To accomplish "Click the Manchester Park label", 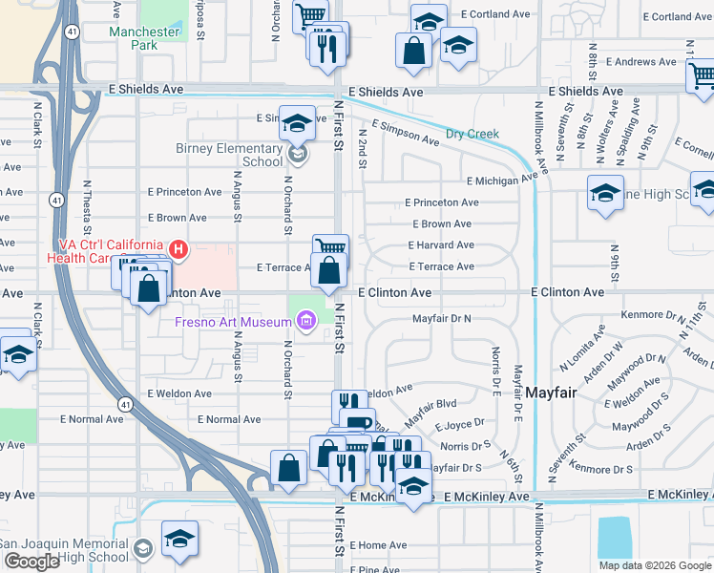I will click(x=144, y=38).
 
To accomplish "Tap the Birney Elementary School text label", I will click(x=230, y=155).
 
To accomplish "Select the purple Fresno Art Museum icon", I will click(x=305, y=323).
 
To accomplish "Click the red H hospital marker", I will click(x=178, y=250).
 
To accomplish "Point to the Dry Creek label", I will click(x=474, y=134).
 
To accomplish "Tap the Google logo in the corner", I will click(x=31, y=562).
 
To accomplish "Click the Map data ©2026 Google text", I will click(x=656, y=565).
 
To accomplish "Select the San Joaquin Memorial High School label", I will click(x=65, y=550).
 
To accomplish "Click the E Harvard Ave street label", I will click(x=441, y=245).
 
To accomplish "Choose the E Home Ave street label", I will click(x=378, y=545).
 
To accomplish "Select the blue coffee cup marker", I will click(x=357, y=422).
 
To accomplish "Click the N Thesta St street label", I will click(x=87, y=208).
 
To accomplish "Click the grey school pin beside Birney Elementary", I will click(x=298, y=153).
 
